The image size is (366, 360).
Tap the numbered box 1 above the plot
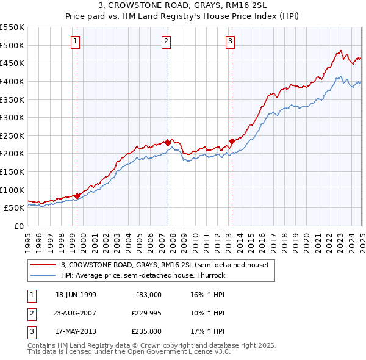tap(75, 41)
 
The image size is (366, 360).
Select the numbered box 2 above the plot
tap(166, 41)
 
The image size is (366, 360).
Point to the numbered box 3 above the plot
tap(230, 41)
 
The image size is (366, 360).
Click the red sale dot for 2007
tap(168, 142)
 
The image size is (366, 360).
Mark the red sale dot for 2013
tap(232, 141)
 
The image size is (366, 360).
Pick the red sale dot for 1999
tap(77, 195)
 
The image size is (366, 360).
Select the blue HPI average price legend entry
tap(143, 275)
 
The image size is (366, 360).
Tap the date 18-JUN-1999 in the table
tap(76, 295)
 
